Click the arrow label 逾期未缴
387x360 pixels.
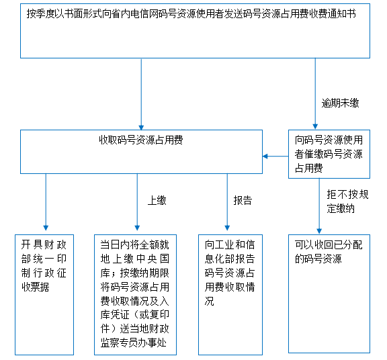[340, 103]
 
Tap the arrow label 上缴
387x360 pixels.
[157, 200]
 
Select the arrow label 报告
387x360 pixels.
[243, 200]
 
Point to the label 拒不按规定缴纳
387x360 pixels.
[348, 201]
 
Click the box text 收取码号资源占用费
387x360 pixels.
[141, 140]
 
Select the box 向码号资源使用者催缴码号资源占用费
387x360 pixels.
[329, 154]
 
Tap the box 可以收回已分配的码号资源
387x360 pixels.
[329, 294]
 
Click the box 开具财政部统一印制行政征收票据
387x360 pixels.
[44, 295]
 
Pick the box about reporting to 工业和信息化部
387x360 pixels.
[230, 295]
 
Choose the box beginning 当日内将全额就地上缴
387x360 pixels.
[135, 295]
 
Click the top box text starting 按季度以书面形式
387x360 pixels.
[191, 13]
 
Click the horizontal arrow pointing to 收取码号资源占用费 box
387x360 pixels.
[275, 156]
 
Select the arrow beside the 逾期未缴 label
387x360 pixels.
[315, 94]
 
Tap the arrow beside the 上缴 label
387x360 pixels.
[137, 202]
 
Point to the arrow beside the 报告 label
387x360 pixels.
[227, 202]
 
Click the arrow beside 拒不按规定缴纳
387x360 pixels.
[319, 206]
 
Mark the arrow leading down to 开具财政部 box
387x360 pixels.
[46, 202]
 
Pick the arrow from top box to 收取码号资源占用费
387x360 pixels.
[141, 95]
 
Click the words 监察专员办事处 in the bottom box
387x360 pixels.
[134, 343]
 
